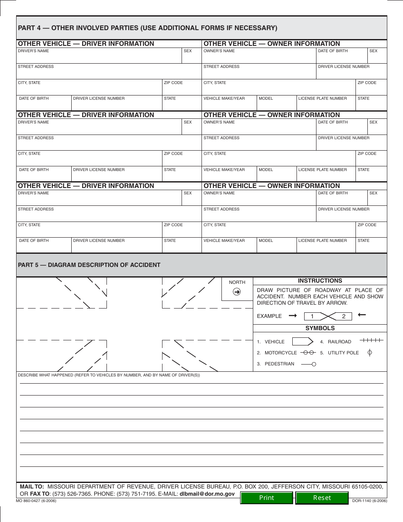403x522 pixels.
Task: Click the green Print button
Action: tap(266, 497)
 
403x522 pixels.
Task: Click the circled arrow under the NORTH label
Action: tap(237, 292)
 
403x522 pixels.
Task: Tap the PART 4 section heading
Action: tap(147, 28)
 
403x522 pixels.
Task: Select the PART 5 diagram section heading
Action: tap(89, 265)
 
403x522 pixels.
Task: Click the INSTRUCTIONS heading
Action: tap(320, 281)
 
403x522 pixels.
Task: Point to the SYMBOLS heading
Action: tap(320, 328)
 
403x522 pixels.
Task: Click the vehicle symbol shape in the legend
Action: tap(303, 342)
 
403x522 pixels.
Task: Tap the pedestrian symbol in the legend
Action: tap(308, 364)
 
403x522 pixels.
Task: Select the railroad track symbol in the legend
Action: tap(371, 340)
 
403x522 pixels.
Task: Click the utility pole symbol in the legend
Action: tap(369, 352)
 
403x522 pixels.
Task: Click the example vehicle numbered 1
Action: tap(313, 316)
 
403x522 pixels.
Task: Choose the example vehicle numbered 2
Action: tap(343, 316)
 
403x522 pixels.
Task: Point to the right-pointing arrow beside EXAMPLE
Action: tap(293, 316)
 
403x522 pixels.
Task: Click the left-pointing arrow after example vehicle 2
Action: tap(362, 315)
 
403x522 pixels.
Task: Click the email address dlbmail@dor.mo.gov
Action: tap(207, 494)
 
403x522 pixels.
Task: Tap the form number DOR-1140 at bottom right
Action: tap(369, 501)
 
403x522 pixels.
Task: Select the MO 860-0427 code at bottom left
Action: tap(36, 501)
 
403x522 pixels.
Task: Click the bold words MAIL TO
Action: tap(32, 486)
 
